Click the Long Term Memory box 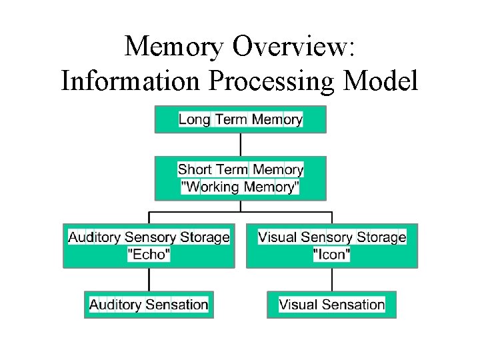[x=241, y=120]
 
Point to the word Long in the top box [x=194, y=120]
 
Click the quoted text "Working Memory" [x=241, y=187]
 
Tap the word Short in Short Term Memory [x=196, y=170]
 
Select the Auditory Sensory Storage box [x=149, y=245]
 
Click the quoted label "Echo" [x=149, y=254]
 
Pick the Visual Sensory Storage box [x=332, y=245]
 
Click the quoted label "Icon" [x=332, y=254]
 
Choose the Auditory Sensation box [x=149, y=305]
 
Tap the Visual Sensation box [x=332, y=305]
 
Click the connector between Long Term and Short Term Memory [x=241, y=145]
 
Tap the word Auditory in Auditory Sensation [x=115, y=305]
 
